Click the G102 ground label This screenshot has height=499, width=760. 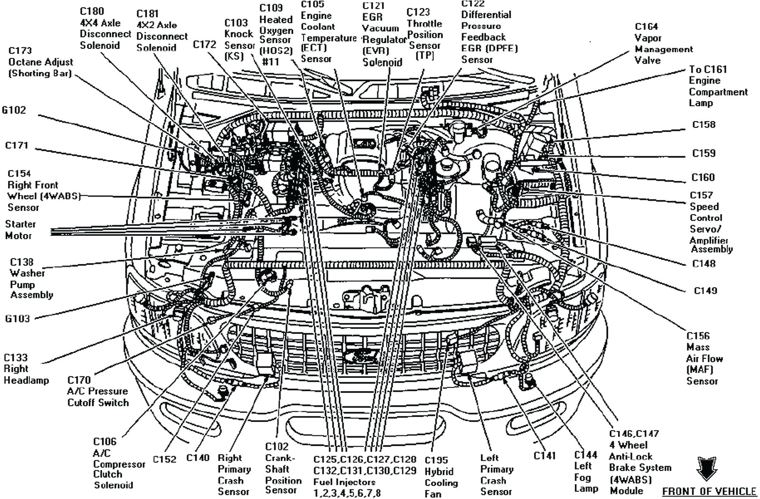point(14,110)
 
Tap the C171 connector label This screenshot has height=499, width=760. point(17,145)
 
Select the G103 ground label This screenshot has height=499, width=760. point(17,319)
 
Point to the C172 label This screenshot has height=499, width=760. point(205,45)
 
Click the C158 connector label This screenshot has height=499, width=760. point(703,124)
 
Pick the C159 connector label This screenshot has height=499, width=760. point(703,153)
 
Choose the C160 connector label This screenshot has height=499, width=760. point(703,178)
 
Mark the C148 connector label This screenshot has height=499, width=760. point(703,264)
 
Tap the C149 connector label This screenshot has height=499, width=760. point(705,291)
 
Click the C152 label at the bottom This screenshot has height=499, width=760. point(164,460)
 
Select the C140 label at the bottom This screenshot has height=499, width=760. point(198,458)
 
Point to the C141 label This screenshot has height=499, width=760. point(544,456)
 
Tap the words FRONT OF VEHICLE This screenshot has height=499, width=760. point(709,491)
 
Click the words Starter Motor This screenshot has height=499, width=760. point(19,230)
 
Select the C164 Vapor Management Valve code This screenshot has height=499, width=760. point(646,27)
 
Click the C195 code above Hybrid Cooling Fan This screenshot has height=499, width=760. point(436,460)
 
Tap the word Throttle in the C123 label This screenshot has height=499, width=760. point(424,24)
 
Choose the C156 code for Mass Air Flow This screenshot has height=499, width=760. point(698,336)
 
